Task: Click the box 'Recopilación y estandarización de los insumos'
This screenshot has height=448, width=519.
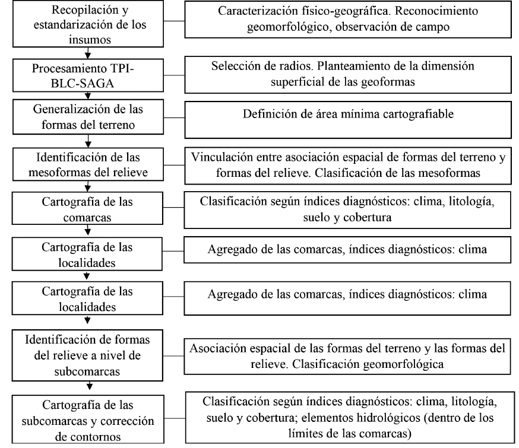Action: click(88, 24)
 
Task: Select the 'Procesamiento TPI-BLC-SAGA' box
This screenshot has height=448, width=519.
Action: click(88, 72)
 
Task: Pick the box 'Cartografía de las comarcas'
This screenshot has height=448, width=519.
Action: click(88, 209)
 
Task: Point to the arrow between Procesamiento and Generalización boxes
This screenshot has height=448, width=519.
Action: click(88, 97)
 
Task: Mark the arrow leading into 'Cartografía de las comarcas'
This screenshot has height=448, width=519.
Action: click(88, 188)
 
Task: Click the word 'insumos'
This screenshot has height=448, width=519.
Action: click(88, 37)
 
